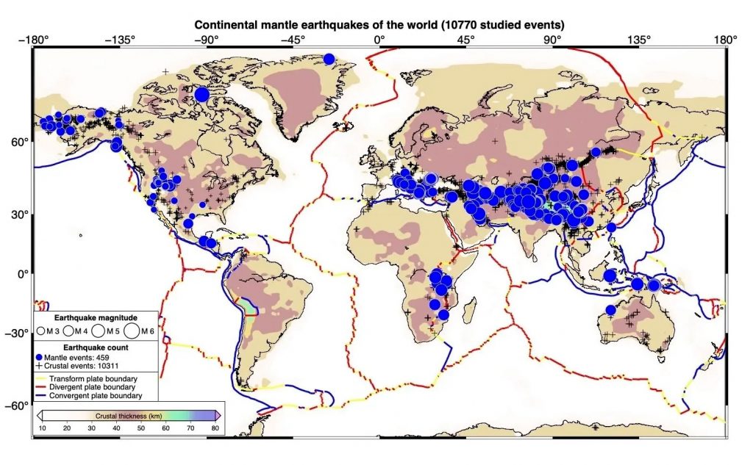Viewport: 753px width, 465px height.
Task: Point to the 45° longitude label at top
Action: click(x=466, y=40)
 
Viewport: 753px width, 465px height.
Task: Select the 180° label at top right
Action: click(x=725, y=40)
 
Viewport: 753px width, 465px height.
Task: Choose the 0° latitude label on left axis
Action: click(x=22, y=274)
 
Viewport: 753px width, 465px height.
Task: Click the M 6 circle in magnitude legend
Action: click(x=134, y=332)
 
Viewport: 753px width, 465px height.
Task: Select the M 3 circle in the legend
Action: click(x=41, y=333)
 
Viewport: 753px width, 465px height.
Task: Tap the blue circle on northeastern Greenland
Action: click(x=329, y=59)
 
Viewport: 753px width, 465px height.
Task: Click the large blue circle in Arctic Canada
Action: click(x=202, y=94)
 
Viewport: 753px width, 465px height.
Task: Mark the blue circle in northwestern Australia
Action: click(x=610, y=310)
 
